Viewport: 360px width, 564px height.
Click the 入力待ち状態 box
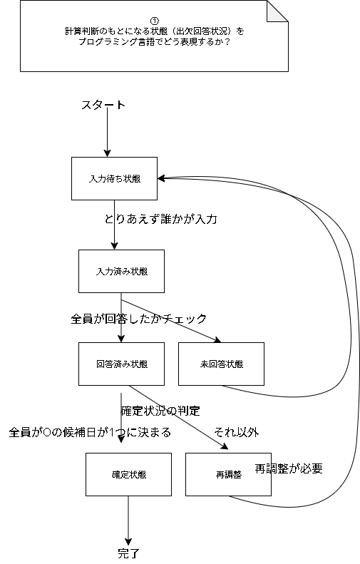[x=114, y=178]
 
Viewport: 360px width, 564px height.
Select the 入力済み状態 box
[x=121, y=271]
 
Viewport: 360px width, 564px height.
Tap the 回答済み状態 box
[x=121, y=364]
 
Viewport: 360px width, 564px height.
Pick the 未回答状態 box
[x=221, y=364]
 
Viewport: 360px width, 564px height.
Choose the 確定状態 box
[x=128, y=474]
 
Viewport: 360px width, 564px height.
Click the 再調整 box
[x=228, y=474]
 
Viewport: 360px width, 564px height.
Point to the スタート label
[x=103, y=106]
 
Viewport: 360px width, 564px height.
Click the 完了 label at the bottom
[x=128, y=553]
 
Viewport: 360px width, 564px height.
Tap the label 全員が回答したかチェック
[x=139, y=319]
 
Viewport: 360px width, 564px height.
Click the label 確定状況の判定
[x=160, y=411]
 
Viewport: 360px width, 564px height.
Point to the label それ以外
[x=236, y=432]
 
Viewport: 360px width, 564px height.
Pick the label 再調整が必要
[x=289, y=468]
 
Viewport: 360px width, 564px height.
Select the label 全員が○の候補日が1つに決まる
[x=89, y=433]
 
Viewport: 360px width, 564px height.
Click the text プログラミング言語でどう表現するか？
[x=155, y=42]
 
